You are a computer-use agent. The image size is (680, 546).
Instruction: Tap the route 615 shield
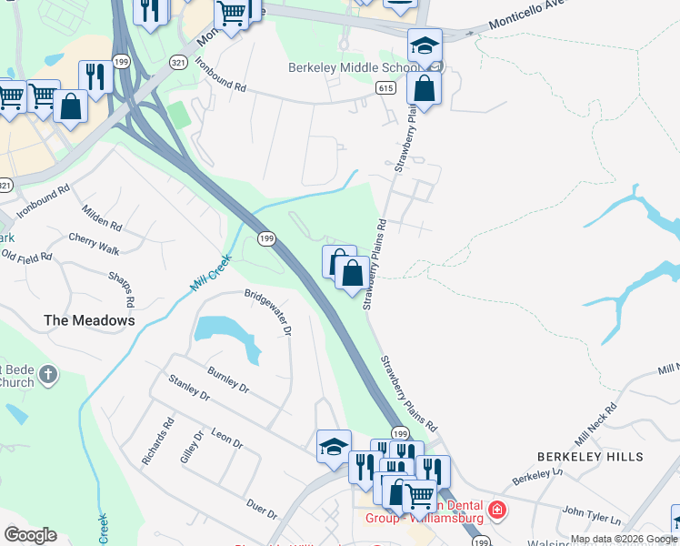point(385,87)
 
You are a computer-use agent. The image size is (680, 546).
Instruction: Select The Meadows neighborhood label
point(89,320)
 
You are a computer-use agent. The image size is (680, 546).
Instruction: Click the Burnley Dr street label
point(227,379)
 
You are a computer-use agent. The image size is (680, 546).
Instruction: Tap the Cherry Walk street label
point(94,243)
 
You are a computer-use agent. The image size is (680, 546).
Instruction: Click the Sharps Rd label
point(121,288)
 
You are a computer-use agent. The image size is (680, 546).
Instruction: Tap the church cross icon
point(49,373)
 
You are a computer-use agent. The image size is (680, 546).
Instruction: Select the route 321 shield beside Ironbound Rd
point(178,61)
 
